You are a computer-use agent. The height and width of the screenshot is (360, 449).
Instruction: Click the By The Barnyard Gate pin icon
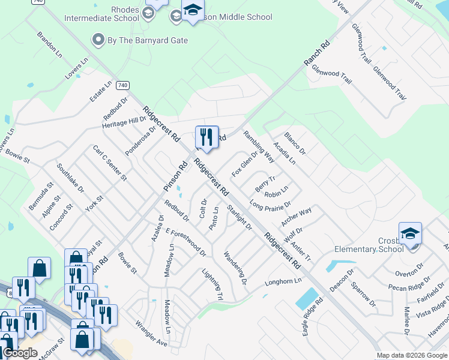(98, 40)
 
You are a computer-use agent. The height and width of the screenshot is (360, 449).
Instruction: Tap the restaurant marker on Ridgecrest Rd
(206, 137)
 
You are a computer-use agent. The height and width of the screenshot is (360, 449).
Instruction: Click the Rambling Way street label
(259, 147)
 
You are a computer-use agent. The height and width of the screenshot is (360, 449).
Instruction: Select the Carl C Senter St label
(109, 163)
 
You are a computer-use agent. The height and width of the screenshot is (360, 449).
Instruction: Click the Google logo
(20, 353)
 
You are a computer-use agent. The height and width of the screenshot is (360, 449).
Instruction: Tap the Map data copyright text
(411, 356)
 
